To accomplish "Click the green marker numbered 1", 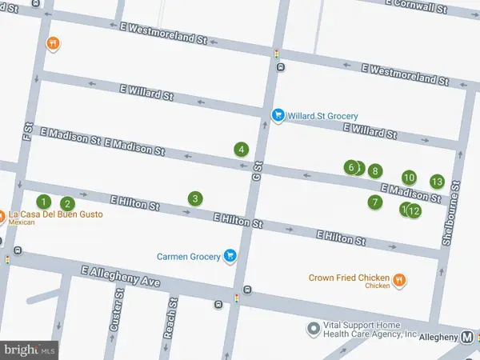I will (45, 202).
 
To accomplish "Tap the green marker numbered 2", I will (68, 204).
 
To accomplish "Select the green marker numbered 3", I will (194, 198).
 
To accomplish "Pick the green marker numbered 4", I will (241, 149).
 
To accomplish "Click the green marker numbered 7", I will (374, 202).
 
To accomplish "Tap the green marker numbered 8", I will (374, 170).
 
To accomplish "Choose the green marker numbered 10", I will (409, 178).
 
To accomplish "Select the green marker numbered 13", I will (437, 181).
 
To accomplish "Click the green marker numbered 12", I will (414, 211).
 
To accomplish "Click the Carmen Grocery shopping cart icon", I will (230, 256).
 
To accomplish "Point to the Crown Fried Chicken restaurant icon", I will (398, 280).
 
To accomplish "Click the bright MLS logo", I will (30, 350).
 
